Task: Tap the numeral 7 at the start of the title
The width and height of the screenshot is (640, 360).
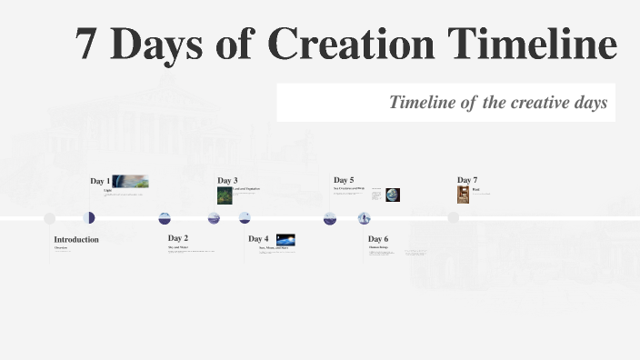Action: [86, 45]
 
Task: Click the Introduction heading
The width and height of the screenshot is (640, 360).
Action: [76, 239]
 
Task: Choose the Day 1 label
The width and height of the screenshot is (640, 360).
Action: [100, 181]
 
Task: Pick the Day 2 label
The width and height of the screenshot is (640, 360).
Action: [178, 238]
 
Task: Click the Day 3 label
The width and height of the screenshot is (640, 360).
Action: [227, 181]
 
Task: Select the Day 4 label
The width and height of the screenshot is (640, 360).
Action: [258, 239]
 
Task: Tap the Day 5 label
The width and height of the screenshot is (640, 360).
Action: [344, 180]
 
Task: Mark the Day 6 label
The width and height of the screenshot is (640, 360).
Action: [378, 239]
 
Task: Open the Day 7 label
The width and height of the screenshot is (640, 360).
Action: [467, 180]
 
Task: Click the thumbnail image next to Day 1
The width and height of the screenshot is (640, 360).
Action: [130, 181]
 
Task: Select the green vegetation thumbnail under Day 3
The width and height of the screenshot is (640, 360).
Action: [225, 195]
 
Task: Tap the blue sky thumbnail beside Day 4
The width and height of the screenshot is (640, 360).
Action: [285, 241]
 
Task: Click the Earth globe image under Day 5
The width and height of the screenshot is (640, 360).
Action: [392, 195]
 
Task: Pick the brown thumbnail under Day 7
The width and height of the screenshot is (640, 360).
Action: [463, 195]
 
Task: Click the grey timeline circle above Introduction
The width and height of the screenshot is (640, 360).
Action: [50, 218]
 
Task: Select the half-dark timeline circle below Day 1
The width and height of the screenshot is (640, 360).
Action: [89, 218]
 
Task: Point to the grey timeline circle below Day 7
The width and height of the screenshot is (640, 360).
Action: [453, 218]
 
